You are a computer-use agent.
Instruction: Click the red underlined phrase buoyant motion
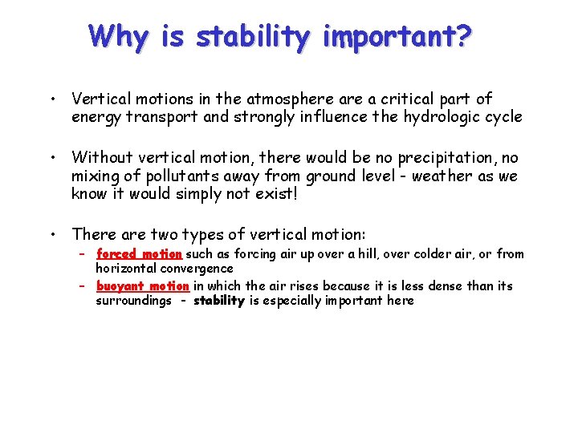142,286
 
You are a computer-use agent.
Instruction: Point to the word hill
362,254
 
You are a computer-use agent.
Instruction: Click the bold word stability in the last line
218,301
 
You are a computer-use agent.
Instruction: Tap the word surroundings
133,301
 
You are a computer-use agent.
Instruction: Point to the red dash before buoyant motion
83,286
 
